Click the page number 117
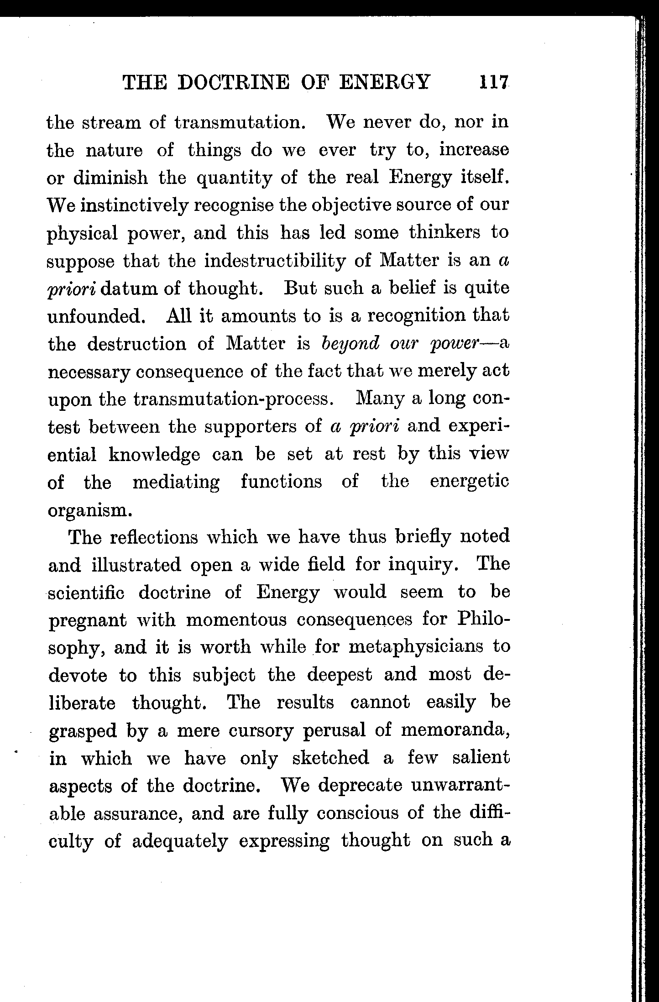(x=493, y=83)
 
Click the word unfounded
(x=96, y=316)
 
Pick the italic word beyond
(x=350, y=343)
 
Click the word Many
(x=380, y=399)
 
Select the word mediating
(x=176, y=482)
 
